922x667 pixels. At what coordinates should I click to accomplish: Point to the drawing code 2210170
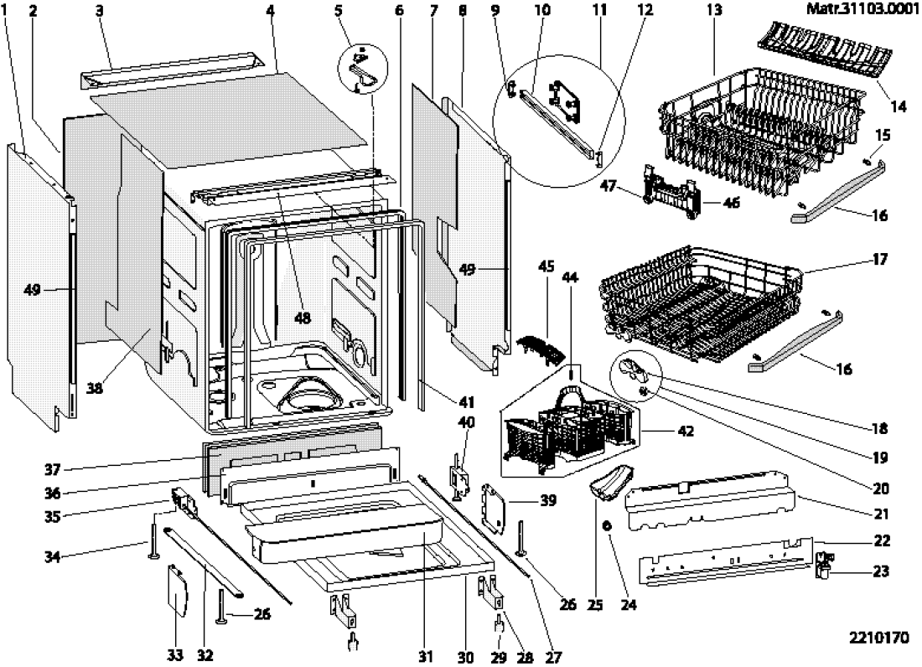pyautogui.click(x=878, y=638)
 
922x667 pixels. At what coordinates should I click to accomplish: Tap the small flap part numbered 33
pyautogui.click(x=177, y=594)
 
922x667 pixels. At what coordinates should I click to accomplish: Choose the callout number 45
pyautogui.click(x=546, y=267)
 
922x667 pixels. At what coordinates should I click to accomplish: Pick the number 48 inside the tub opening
pyautogui.click(x=301, y=318)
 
